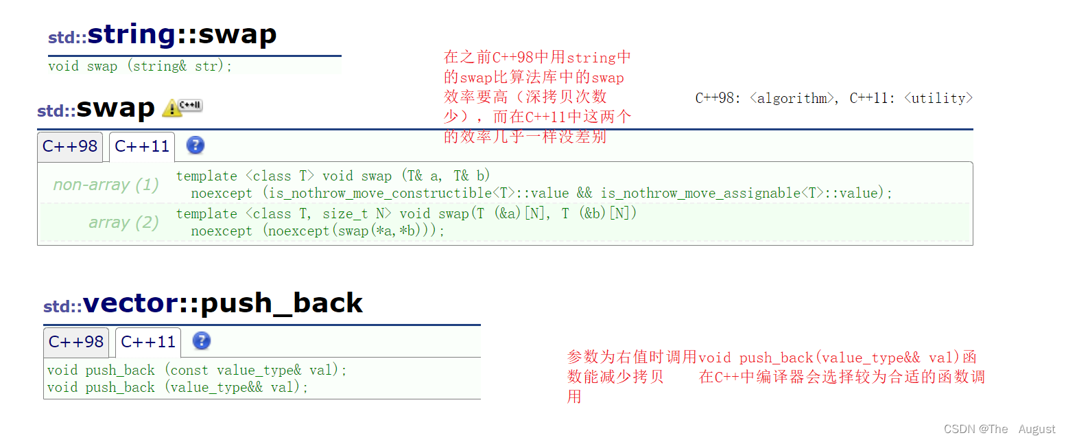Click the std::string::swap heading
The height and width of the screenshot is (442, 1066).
(163, 35)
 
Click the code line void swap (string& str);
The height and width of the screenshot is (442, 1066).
(141, 67)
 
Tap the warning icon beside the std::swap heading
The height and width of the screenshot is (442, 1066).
(172, 108)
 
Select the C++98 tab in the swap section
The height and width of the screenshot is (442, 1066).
(70, 147)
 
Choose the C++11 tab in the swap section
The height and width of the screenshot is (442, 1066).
(142, 147)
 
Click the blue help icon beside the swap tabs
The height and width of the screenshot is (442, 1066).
(196, 146)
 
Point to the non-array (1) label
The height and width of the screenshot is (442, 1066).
(106, 185)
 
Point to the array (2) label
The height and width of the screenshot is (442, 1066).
(123, 222)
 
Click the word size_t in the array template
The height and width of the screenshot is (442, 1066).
(344, 214)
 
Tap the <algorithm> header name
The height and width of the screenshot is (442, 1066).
(789, 98)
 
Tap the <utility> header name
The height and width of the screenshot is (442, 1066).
(938, 98)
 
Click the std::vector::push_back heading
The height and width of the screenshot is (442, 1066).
(203, 303)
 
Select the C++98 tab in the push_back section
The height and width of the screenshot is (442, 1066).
(76, 342)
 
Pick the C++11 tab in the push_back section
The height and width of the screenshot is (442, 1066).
(148, 342)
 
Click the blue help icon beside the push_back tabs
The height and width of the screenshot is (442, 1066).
(202, 341)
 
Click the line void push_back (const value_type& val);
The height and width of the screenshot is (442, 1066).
(198, 371)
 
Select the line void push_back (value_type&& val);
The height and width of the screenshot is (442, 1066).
(178, 388)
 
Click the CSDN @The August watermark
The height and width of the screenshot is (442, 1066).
(999, 429)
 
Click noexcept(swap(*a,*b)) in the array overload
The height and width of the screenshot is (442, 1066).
(353, 231)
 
